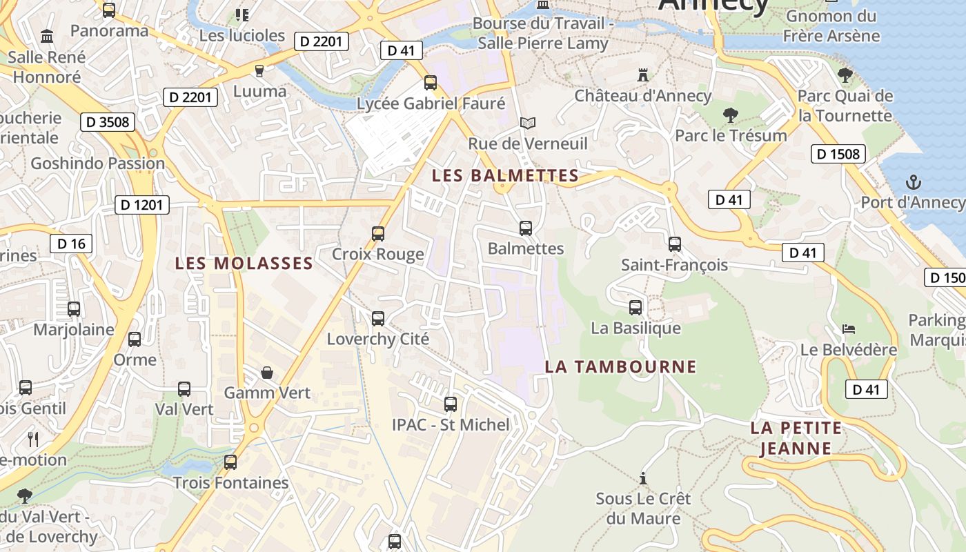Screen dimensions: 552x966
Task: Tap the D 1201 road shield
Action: point(141,205)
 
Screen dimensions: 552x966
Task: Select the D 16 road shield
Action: point(71,244)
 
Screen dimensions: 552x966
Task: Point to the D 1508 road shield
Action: point(838,154)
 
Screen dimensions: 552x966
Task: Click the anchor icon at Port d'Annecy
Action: point(914,183)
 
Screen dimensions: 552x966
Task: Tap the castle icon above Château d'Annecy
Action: point(643,75)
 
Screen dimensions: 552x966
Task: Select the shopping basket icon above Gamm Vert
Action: point(267,373)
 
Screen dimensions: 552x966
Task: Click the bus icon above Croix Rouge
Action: point(377,233)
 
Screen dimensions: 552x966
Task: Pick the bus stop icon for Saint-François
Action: point(674,244)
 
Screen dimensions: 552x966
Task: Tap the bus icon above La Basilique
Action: point(635,307)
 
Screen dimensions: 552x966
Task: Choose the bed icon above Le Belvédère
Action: point(848,328)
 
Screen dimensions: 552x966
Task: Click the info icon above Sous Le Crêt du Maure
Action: point(643,477)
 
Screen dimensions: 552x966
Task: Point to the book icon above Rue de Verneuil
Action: point(528,123)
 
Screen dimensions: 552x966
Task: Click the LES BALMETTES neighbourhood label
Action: point(505,176)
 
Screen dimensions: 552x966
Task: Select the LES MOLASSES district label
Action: point(244,264)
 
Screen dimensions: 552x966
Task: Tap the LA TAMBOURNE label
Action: point(621,366)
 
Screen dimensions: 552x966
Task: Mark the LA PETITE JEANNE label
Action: point(796,438)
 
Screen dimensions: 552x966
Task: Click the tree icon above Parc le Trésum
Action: point(731,115)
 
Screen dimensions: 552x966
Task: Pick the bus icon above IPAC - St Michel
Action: point(450,404)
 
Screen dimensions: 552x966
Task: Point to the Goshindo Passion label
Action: point(98,164)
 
